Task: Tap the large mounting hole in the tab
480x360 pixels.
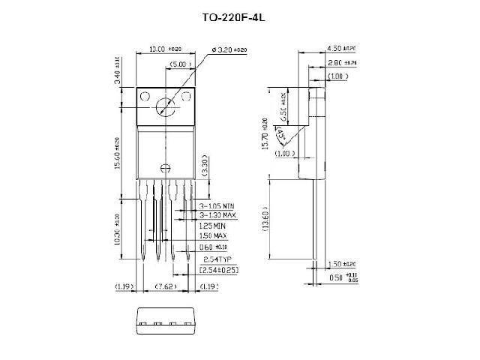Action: click(x=166, y=107)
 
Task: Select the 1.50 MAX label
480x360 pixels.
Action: click(x=212, y=235)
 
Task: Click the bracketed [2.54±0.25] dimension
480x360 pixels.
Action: click(x=218, y=268)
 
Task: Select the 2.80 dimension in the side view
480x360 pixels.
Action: click(x=339, y=64)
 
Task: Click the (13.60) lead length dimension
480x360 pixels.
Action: click(x=280, y=220)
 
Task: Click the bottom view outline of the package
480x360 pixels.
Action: click(x=165, y=320)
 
